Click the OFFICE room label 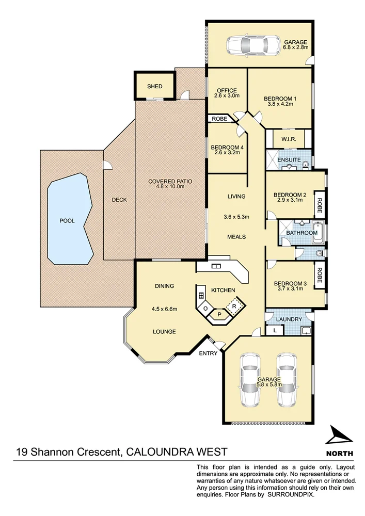pos(226,91)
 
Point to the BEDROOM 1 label pos(280,99)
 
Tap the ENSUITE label pos(289,160)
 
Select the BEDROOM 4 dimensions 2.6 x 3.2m pos(227,153)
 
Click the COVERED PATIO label pos(170,181)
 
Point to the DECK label pos(119,200)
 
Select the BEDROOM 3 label pos(290,283)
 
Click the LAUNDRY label pos(289,319)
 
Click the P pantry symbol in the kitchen pos(219,314)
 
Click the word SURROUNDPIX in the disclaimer pos(292,494)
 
